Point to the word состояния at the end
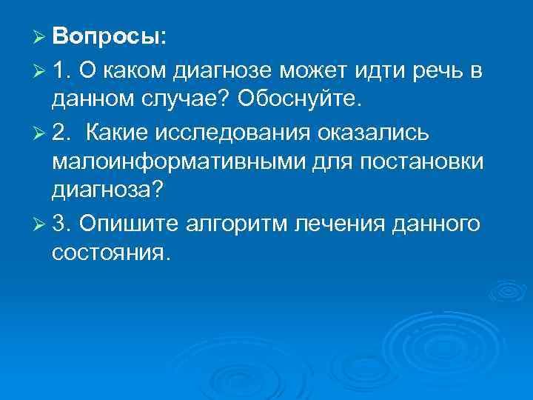point(111,253)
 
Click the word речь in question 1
point(441,71)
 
